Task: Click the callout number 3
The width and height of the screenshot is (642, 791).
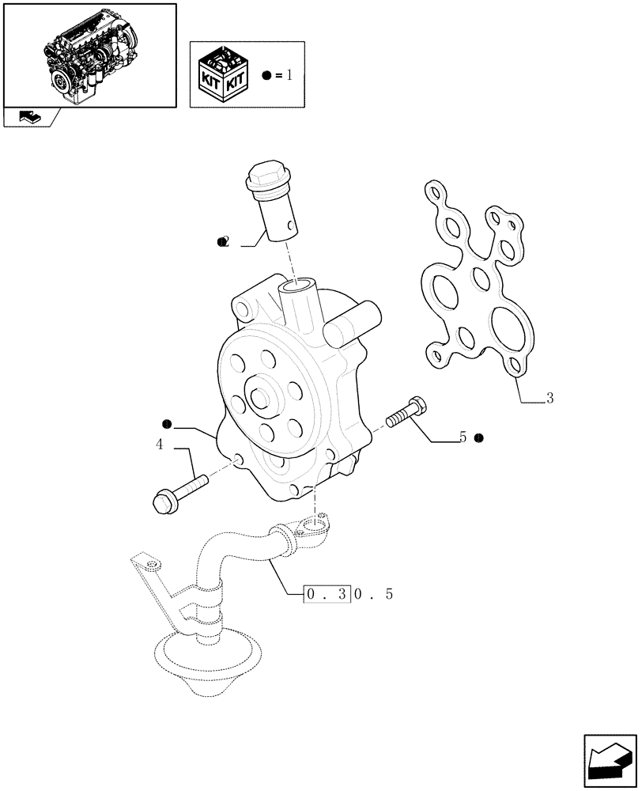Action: point(549,399)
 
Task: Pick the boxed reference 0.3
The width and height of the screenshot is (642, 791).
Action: point(327,594)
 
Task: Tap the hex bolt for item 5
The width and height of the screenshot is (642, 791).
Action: point(408,413)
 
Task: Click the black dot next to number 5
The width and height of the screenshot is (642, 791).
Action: point(480,437)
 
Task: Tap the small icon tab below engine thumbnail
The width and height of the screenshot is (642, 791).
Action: point(30,117)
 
